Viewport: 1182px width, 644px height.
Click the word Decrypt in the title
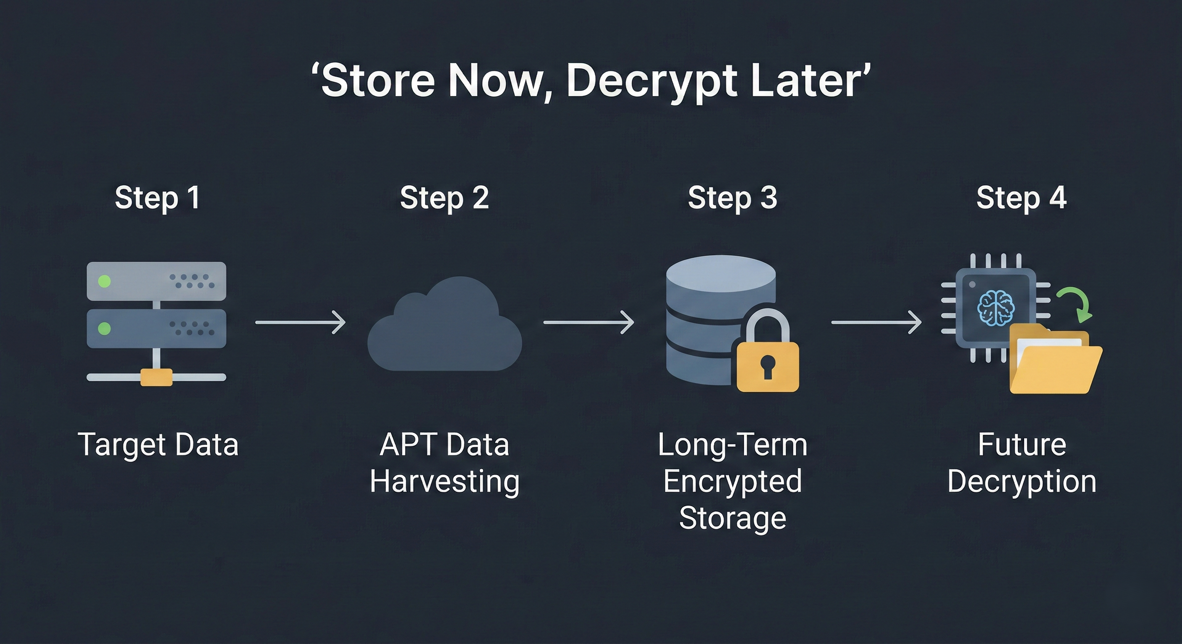point(651,82)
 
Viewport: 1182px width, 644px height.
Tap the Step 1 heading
point(157,197)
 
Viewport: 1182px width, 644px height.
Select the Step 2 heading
point(444,197)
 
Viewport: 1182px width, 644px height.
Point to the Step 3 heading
point(732,197)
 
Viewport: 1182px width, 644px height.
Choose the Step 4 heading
point(1021,197)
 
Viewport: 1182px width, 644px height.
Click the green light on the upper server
point(105,281)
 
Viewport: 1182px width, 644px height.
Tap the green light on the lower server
point(105,328)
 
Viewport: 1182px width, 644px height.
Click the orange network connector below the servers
point(156,377)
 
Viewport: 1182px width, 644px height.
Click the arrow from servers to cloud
point(300,322)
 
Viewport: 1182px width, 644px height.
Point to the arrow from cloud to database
point(588,322)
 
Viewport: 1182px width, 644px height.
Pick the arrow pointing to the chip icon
point(876,322)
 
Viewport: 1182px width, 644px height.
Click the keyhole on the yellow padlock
point(767,367)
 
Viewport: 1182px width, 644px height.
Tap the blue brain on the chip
point(995,308)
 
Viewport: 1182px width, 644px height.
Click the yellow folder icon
point(1055,362)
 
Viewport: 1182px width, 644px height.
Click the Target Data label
point(158,444)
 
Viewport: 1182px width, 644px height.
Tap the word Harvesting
point(444,481)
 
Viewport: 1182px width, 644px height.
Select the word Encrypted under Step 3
point(732,481)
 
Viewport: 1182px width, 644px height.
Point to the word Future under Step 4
point(1021,444)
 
